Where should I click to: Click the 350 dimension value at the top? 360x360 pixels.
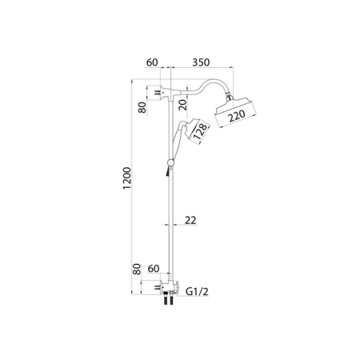(x=201, y=62)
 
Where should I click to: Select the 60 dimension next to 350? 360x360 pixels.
(x=152, y=62)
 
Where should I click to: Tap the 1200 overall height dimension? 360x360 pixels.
(x=127, y=178)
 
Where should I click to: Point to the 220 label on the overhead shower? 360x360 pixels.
(x=237, y=116)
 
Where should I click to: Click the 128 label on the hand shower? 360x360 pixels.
(x=200, y=131)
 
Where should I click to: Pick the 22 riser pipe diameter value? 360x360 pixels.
(x=190, y=220)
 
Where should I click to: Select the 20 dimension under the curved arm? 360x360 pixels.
(x=183, y=105)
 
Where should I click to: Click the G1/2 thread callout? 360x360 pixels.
(x=197, y=291)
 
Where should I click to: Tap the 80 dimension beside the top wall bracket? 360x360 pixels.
(x=142, y=107)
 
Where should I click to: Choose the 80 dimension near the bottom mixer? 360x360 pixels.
(x=136, y=269)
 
